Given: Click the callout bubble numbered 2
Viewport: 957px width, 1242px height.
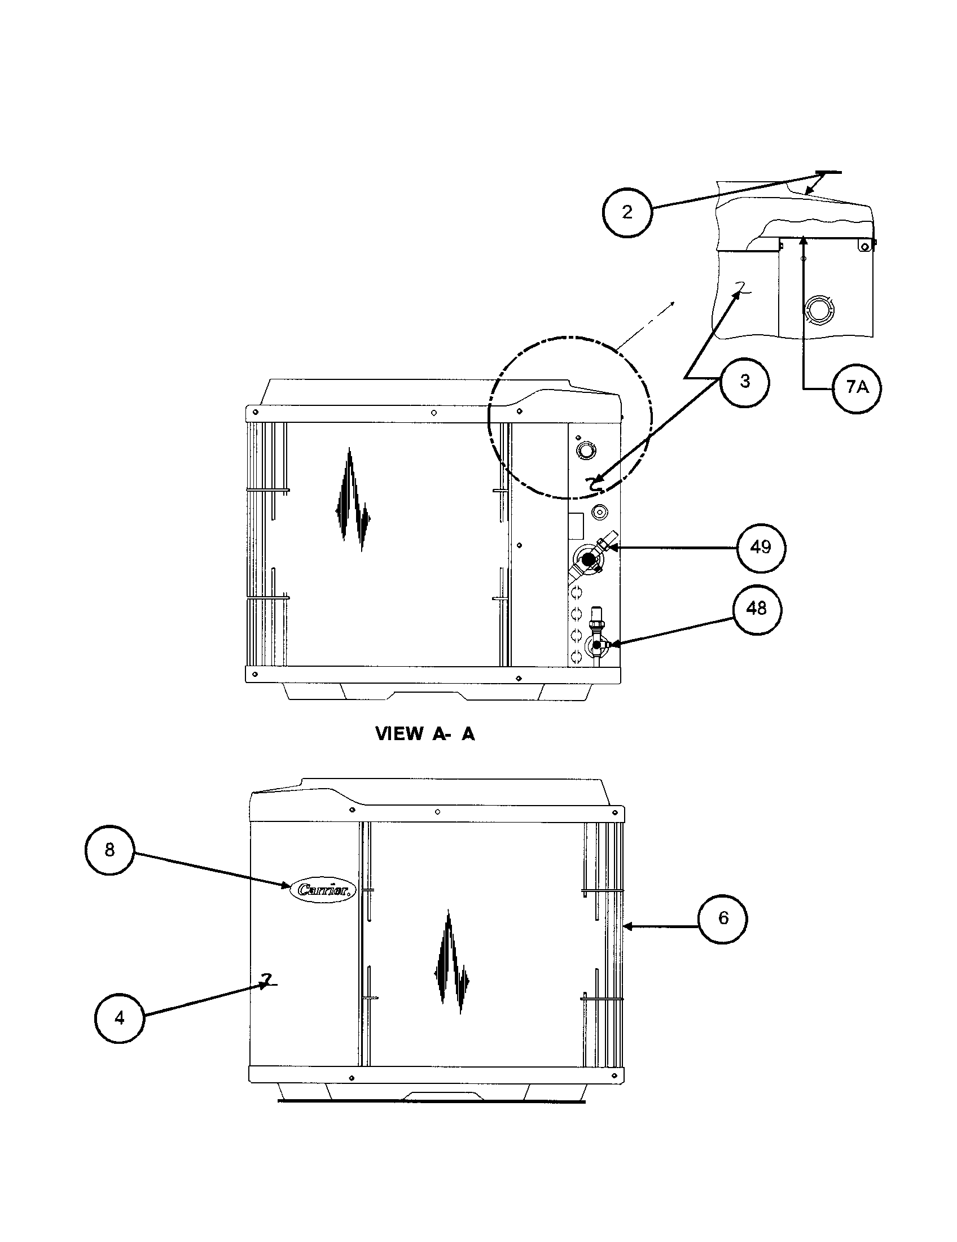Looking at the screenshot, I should pyautogui.click(x=627, y=212).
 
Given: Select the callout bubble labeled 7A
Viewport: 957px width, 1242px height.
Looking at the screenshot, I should pyautogui.click(x=857, y=387).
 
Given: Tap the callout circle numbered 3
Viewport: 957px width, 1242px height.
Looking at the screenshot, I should pyautogui.click(x=744, y=382).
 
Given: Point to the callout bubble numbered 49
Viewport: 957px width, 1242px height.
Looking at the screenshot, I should pyautogui.click(x=761, y=547).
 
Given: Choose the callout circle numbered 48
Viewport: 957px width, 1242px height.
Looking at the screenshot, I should pyautogui.click(x=756, y=609).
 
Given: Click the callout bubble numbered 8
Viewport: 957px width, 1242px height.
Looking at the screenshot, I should pyautogui.click(x=109, y=850).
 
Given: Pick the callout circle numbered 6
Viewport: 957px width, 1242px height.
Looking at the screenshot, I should pyautogui.click(x=723, y=919).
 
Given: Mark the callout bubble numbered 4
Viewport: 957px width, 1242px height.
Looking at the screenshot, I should pyautogui.click(x=119, y=1018).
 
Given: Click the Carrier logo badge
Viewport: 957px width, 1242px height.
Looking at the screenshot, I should pyautogui.click(x=323, y=890).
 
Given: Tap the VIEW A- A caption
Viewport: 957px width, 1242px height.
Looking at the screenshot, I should pyautogui.click(x=424, y=734).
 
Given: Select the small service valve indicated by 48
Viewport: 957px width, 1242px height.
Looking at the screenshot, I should pyautogui.click(x=596, y=645).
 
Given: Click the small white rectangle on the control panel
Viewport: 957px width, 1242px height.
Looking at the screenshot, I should pyautogui.click(x=576, y=526).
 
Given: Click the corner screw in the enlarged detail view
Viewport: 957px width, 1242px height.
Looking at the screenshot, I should pyautogui.click(x=864, y=246).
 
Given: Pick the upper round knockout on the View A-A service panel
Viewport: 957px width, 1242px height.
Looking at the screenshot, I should pyautogui.click(x=583, y=451).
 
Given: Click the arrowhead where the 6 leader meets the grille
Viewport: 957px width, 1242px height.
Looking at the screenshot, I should pyautogui.click(x=626, y=926).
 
